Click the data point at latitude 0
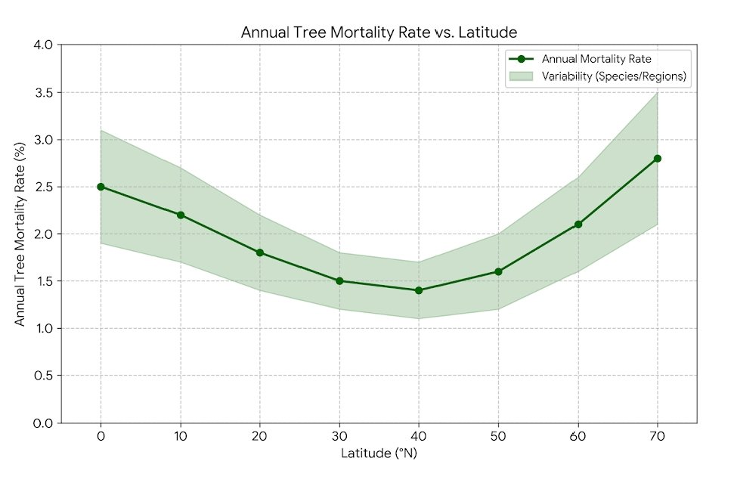tap(101, 187)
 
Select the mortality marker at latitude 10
tap(181, 215)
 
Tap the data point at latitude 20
tap(260, 252)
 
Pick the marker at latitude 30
tap(339, 281)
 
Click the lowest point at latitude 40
tap(419, 290)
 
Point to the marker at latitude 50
tap(498, 271)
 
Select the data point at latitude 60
tap(578, 224)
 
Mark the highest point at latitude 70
tap(658, 158)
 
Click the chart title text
tap(379, 33)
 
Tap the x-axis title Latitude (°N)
tap(379, 454)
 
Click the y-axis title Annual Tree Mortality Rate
tap(20, 234)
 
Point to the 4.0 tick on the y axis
tap(43, 45)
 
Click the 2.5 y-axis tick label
tap(43, 187)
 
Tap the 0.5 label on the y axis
tap(43, 376)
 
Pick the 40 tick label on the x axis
tap(419, 436)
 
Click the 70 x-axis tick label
tap(658, 436)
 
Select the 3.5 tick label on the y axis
tap(43, 92)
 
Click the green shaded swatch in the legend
tap(522, 76)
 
